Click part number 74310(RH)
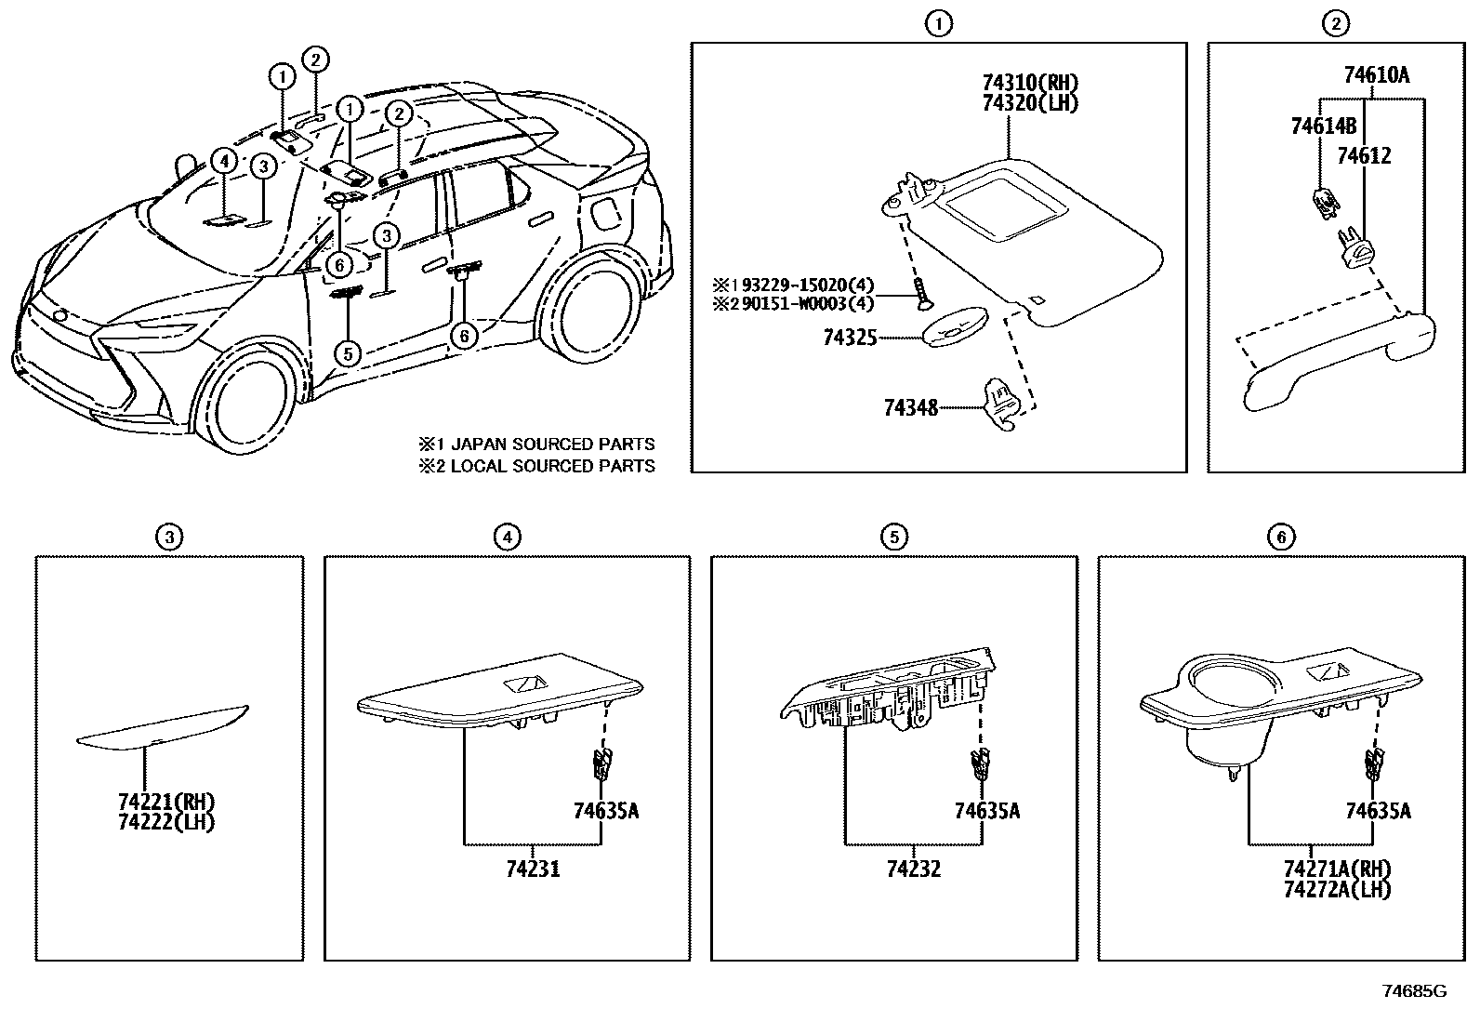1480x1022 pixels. pyautogui.click(x=1029, y=83)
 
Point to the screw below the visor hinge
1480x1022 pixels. pyautogui.click(x=921, y=295)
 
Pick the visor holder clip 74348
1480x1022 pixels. pyautogui.click(x=1006, y=404)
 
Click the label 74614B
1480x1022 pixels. pyautogui.click(x=1323, y=126)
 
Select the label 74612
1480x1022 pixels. pyautogui.click(x=1364, y=156)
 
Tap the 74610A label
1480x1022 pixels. pyautogui.click(x=1376, y=75)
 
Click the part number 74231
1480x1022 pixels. pyautogui.click(x=533, y=869)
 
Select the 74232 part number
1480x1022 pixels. pyautogui.click(x=913, y=869)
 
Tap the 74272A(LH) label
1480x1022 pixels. pyautogui.click(x=1336, y=890)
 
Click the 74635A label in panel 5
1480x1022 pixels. pyautogui.click(x=986, y=811)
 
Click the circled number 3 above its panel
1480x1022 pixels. pyautogui.click(x=168, y=537)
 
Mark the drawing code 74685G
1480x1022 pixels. pyautogui.click(x=1414, y=991)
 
